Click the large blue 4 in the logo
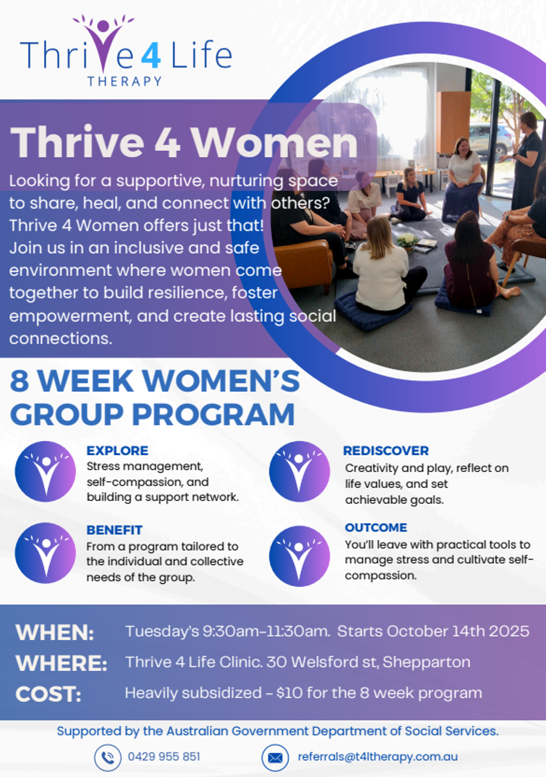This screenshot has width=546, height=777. point(151,54)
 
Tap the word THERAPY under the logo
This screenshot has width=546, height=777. point(124,81)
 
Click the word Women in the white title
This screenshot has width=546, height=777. point(275,142)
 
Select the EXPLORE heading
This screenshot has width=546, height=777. point(117,451)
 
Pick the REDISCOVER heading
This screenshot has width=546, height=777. point(386,451)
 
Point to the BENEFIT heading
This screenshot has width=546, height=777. point(115,530)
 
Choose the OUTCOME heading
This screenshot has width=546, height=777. point(376,528)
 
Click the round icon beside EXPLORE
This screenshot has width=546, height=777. point(45,471)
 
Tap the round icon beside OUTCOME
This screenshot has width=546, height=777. point(300,556)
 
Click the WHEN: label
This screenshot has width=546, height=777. point(55,633)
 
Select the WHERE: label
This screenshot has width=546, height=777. point(61,663)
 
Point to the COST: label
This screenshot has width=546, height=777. point(48,694)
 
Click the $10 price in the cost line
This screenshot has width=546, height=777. point(289,693)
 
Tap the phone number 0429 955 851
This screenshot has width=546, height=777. point(164,756)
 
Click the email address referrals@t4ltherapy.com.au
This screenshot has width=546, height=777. point(378,757)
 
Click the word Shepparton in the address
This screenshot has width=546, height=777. point(426,662)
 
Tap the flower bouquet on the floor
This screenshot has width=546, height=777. point(408,240)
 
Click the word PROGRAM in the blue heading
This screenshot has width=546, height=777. point(213,414)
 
